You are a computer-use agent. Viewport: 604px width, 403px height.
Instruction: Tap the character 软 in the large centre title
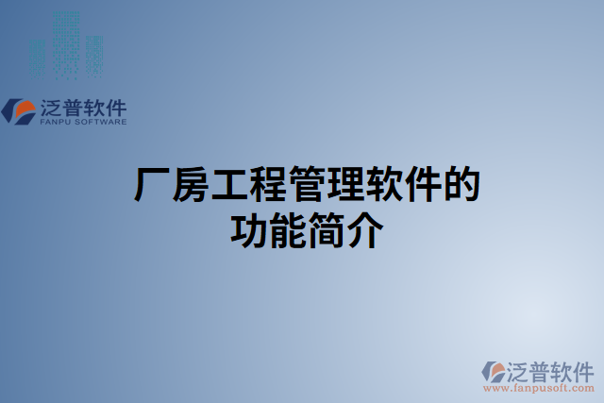click(x=386, y=186)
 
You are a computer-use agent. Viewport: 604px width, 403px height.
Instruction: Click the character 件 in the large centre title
click(x=425, y=186)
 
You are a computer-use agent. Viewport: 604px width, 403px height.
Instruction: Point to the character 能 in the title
click(x=289, y=229)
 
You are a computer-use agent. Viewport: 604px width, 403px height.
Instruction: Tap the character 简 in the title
click(x=327, y=229)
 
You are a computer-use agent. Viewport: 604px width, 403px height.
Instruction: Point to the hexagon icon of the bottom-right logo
click(x=494, y=371)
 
